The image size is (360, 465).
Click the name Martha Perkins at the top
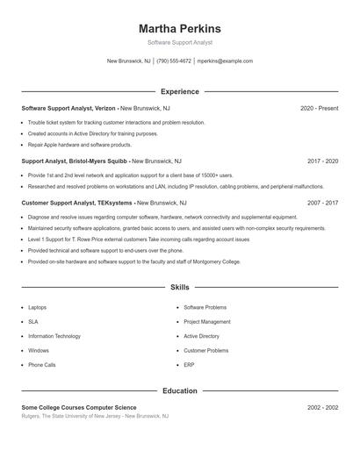click(180, 29)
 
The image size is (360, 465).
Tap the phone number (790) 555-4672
click(175, 61)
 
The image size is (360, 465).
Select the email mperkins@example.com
click(225, 61)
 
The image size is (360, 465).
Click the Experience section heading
click(180, 91)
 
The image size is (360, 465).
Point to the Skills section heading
click(180, 288)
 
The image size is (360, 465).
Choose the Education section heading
click(180, 390)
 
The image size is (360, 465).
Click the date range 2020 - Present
click(319, 108)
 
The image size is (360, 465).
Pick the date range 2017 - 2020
click(322, 161)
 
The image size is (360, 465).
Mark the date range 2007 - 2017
click(322, 203)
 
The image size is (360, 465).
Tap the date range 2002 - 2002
click(322, 408)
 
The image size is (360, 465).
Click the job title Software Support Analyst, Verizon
click(68, 108)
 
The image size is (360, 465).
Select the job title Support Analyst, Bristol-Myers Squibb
click(75, 161)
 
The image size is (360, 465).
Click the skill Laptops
click(38, 308)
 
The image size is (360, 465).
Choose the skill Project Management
click(207, 322)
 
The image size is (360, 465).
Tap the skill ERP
click(189, 364)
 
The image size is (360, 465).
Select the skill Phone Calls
click(42, 364)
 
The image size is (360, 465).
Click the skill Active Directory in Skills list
click(202, 336)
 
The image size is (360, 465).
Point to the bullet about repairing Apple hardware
click(80, 145)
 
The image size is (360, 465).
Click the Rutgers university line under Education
click(95, 417)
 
